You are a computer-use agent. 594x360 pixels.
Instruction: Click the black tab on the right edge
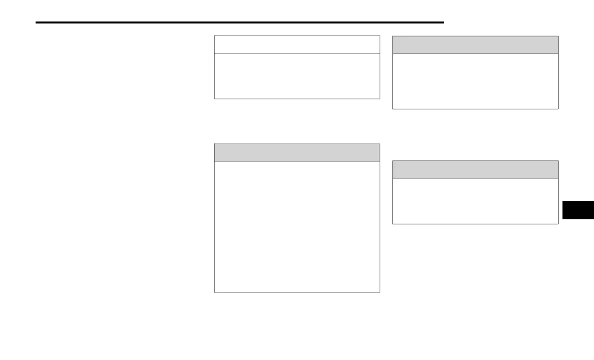click(x=578, y=210)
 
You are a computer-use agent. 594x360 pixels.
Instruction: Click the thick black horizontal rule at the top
click(x=240, y=22)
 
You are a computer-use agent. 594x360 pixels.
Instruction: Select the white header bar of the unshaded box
click(x=296, y=44)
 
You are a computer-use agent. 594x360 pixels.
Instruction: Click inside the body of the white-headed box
click(x=296, y=76)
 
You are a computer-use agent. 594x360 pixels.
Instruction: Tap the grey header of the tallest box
click(x=296, y=152)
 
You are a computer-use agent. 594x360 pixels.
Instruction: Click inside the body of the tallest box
click(x=296, y=226)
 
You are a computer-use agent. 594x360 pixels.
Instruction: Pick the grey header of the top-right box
click(x=475, y=45)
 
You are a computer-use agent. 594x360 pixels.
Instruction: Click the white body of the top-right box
click(x=475, y=81)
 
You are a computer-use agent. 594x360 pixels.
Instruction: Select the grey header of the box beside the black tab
click(x=475, y=169)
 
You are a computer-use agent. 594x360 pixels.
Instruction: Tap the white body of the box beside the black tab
click(x=475, y=201)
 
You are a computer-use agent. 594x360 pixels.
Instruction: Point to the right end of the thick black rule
click(x=443, y=22)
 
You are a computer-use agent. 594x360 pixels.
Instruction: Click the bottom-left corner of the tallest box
click(x=214, y=292)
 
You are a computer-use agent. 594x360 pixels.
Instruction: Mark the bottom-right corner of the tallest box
click(x=379, y=292)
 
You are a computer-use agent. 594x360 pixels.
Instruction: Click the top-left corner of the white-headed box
click(x=214, y=36)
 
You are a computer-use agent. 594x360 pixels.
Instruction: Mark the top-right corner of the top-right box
click(x=557, y=36)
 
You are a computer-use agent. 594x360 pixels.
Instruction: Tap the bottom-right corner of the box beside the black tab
click(x=557, y=223)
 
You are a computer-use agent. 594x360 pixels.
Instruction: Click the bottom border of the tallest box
click(x=296, y=292)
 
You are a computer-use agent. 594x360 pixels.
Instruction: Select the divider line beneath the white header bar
click(x=296, y=53)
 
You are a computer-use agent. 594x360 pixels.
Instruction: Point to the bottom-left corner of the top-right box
click(x=393, y=108)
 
